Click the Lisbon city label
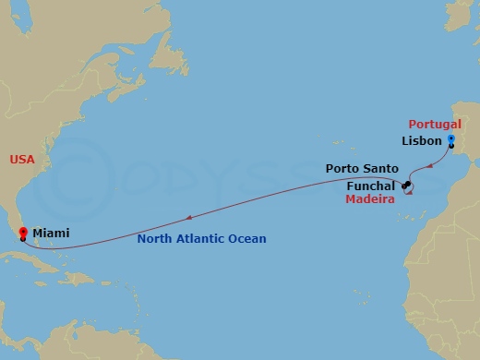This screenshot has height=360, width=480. pos(422,141)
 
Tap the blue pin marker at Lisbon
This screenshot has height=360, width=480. pos(450,140)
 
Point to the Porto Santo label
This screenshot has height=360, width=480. pos(362,169)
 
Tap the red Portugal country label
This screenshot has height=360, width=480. pos(434,125)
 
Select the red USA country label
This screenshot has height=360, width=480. pos(22,160)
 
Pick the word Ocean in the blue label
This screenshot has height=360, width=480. pos(247,239)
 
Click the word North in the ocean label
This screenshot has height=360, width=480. pos(154,239)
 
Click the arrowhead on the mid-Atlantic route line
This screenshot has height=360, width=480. pos(188,219)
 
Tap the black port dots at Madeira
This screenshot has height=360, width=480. pos(405,186)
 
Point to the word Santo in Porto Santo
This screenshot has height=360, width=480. pos(381,169)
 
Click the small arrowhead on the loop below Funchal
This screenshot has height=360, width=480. pos(408,195)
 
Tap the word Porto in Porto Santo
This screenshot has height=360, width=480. pos(343,169)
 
